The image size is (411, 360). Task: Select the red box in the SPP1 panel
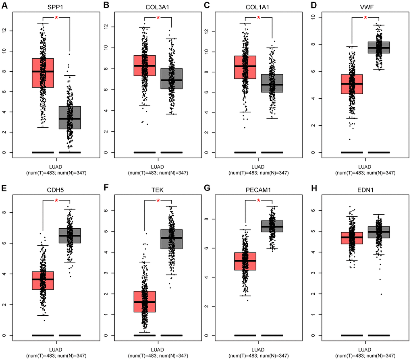pyautogui.click(x=43, y=72)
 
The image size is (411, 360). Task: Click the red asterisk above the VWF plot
pyautogui.click(x=365, y=17)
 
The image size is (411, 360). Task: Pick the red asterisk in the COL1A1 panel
pyautogui.click(x=258, y=17)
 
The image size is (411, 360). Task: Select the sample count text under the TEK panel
pyautogui.click(x=158, y=355)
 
